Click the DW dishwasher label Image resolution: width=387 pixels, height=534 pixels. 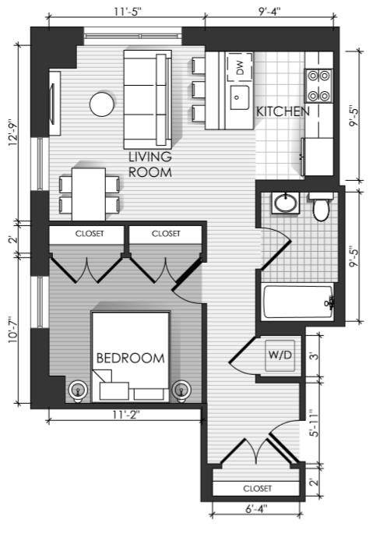click(x=240, y=68)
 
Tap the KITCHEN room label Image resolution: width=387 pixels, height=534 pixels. click(x=283, y=111)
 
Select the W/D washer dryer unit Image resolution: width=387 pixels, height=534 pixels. click(x=280, y=355)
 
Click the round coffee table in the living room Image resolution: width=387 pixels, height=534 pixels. click(x=102, y=104)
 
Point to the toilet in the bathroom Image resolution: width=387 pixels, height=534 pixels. click(x=321, y=207)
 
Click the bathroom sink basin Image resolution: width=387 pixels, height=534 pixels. click(x=286, y=203)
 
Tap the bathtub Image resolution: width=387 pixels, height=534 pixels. click(x=298, y=302)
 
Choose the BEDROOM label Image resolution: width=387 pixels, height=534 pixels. click(x=131, y=359)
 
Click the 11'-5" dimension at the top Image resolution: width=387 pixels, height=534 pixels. click(x=127, y=12)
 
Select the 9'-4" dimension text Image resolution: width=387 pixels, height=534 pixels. click(x=269, y=12)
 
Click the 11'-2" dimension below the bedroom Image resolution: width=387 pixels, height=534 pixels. click(x=126, y=416)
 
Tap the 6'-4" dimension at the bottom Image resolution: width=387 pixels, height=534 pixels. click(x=256, y=509)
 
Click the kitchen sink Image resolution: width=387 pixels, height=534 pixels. click(x=239, y=97)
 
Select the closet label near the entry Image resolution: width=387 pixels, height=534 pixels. click(x=258, y=489)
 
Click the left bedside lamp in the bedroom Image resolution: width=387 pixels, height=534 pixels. click(x=78, y=391)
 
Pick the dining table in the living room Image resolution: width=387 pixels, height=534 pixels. click(x=89, y=194)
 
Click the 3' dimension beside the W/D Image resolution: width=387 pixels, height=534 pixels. click(x=315, y=355)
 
